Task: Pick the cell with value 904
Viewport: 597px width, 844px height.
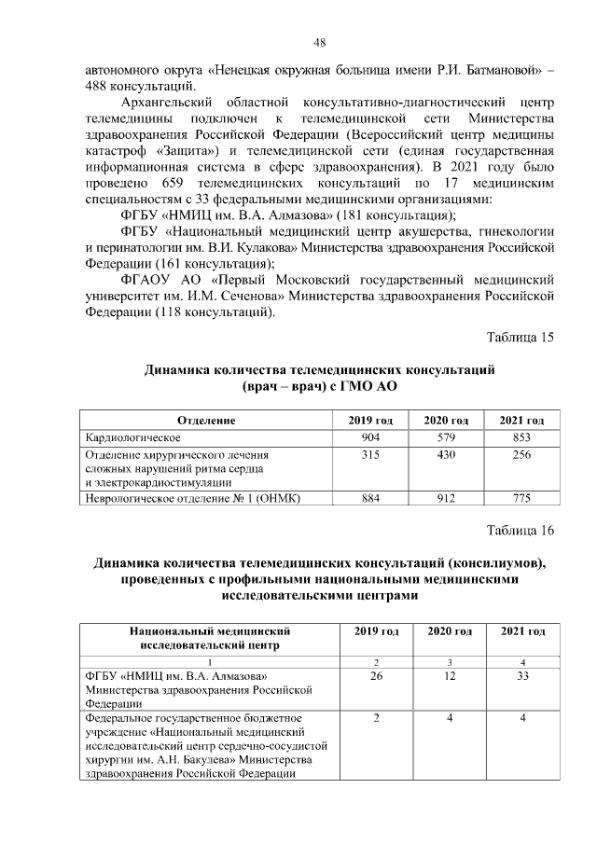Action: tap(371, 436)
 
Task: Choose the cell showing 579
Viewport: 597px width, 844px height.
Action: tap(446, 436)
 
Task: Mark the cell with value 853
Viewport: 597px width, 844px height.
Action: tap(522, 436)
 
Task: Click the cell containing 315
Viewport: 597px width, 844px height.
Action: tap(371, 453)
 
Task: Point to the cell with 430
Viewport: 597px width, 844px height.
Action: tap(446, 453)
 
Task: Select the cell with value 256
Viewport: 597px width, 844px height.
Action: tap(522, 453)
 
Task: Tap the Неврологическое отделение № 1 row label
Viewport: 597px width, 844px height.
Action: tap(191, 499)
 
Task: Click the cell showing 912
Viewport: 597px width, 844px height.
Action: tap(446, 499)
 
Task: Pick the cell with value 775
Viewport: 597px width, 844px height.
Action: tap(522, 499)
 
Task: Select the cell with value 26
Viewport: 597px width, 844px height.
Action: tap(376, 676)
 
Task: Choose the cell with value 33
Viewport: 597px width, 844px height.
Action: tap(522, 676)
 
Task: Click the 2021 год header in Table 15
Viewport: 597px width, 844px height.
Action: tap(522, 421)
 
